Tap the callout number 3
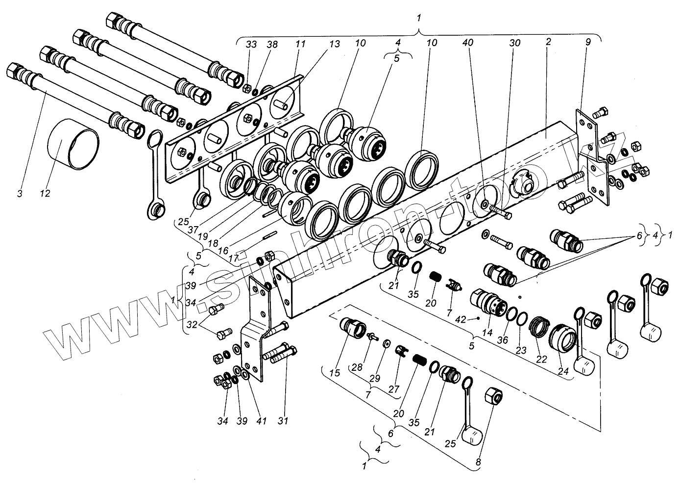pos(20,194)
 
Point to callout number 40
pos(468,43)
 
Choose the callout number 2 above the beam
pos(548,43)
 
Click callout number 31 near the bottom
pos(284,420)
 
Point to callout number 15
pos(335,373)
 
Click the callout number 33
pos(251,44)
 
